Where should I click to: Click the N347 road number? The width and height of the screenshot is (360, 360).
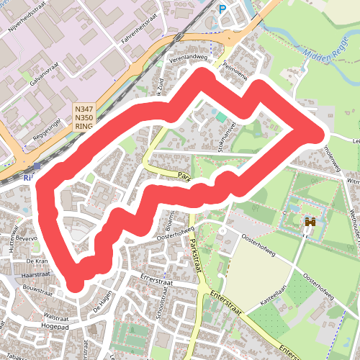84,109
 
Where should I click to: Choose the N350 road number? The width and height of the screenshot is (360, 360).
84,117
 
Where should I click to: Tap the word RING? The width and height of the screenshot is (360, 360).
84,126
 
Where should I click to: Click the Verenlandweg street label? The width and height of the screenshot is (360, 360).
188,58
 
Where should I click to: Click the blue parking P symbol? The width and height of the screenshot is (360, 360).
223,9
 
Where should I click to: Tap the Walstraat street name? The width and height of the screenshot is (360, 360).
55,315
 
